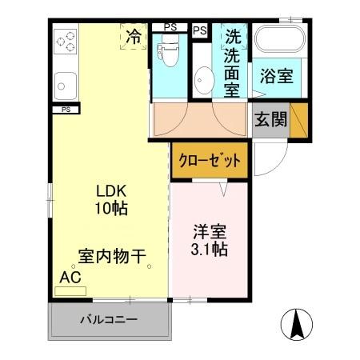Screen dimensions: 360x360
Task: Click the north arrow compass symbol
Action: click(297, 323)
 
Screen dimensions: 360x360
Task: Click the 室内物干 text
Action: click(111, 257)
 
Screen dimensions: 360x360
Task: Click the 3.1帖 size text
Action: click(210, 250)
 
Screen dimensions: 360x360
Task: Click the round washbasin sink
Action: click(203, 80)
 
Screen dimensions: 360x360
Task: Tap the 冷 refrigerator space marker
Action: click(134, 36)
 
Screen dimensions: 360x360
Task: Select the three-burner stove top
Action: click(65, 40)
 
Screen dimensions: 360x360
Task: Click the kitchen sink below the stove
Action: click(65, 82)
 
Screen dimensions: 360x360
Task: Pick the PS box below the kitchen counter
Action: click(65, 109)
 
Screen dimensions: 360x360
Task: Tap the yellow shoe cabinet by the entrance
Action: click(298, 121)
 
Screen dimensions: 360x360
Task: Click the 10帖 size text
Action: click(112, 208)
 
